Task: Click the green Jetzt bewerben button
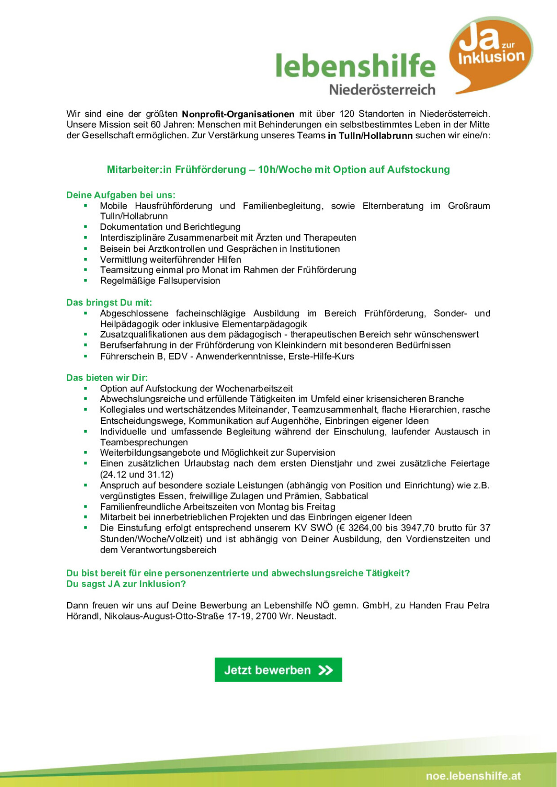pos(278,670)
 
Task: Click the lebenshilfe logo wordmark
pos(355,66)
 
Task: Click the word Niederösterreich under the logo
pos(382,90)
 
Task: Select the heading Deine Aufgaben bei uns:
pos(121,195)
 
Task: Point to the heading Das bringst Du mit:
pos(109,303)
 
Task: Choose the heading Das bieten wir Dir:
pos(107,378)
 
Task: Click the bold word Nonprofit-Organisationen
pos(238,114)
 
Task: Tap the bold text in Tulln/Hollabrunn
pos(370,136)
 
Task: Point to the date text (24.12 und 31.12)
pos(137,475)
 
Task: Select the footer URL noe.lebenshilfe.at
pos(473,776)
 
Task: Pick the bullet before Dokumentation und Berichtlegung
pos(86,227)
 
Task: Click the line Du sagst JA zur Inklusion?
pos(126,584)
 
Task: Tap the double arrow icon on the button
pos(326,670)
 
